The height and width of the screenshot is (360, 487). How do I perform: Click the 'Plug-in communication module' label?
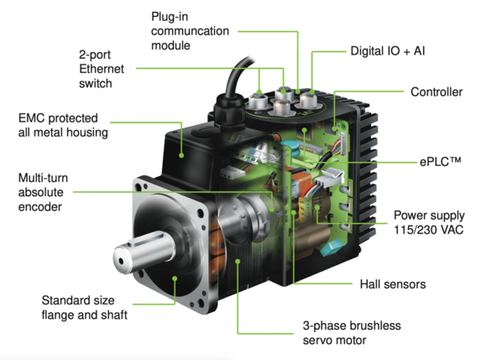point(190,31)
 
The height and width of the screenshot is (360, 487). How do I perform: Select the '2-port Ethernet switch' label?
point(102,69)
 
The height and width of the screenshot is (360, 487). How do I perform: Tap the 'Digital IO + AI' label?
point(388,51)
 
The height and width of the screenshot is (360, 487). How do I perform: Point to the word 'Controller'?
point(437,91)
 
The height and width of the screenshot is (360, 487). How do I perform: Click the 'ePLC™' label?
point(440,162)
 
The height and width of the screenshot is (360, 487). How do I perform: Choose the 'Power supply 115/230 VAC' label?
point(429,222)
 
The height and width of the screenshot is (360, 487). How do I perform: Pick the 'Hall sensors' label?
point(393,284)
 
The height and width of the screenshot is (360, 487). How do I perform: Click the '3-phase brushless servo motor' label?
point(352,332)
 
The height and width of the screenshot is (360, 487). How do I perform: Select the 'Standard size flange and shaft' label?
point(84,307)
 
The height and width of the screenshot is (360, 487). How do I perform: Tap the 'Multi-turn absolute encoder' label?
point(43,192)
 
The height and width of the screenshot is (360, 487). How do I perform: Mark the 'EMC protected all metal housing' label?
point(63,125)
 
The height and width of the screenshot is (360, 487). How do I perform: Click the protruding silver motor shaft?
point(144,252)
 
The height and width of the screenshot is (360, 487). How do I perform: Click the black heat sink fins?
point(367,174)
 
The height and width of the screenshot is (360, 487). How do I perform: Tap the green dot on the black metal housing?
point(181,155)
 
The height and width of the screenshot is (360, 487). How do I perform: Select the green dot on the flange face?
point(175,279)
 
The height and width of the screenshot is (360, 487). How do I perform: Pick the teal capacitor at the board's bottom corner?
point(331,248)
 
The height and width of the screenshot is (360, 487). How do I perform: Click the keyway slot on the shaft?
point(146,238)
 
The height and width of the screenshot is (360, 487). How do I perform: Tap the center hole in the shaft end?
point(121,262)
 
